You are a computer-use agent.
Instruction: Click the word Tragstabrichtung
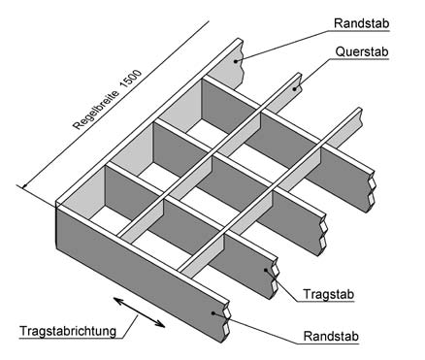click(x=67, y=331)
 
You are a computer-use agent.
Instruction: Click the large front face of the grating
click(x=136, y=267)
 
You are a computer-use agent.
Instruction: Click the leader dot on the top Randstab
click(x=244, y=57)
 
